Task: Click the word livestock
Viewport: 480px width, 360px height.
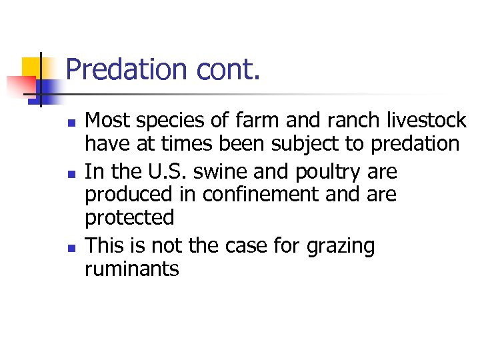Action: (427, 120)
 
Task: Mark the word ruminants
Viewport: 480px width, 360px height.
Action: (132, 269)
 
